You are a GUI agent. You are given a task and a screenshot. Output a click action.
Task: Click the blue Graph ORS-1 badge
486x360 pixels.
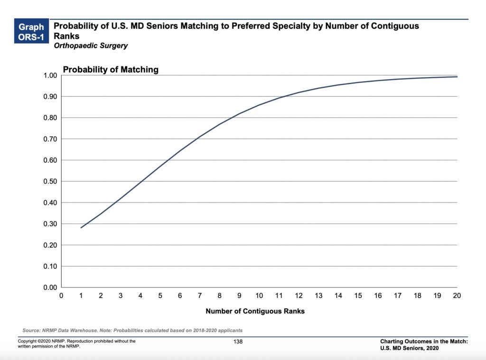[31, 32]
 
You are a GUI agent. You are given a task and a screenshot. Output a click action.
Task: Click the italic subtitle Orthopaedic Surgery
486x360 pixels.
[91, 46]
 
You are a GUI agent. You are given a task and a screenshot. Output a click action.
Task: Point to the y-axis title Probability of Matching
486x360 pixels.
[111, 70]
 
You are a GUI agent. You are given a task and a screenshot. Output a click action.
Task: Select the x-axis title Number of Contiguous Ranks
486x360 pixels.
[255, 311]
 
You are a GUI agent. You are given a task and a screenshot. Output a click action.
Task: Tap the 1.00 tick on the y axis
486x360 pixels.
[50, 75]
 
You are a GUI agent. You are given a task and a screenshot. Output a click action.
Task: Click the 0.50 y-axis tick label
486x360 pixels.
[50, 182]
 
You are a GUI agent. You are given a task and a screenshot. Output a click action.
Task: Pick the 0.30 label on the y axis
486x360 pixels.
[50, 224]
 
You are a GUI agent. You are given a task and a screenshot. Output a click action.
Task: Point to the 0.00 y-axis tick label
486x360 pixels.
[50, 287]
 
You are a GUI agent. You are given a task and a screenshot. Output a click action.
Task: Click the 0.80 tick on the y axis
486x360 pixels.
[50, 118]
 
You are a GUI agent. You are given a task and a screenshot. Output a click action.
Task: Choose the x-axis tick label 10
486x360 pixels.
[259, 296]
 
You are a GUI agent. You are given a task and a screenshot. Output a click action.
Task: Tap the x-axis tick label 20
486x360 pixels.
[457, 296]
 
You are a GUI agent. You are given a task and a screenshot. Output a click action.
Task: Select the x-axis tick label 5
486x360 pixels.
[160, 296]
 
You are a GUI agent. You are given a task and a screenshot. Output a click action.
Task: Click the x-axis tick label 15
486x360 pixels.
[358, 296]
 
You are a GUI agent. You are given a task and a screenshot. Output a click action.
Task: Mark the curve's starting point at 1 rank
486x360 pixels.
[82, 228]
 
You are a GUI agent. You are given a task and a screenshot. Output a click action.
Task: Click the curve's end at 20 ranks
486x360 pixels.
[457, 77]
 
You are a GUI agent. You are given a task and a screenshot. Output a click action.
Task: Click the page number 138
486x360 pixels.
[238, 342]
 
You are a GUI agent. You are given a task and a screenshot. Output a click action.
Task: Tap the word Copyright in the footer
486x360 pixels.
[26, 341]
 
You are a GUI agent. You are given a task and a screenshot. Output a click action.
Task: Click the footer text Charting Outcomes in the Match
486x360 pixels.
[424, 342]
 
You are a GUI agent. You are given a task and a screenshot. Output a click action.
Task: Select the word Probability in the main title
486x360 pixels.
[76, 26]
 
